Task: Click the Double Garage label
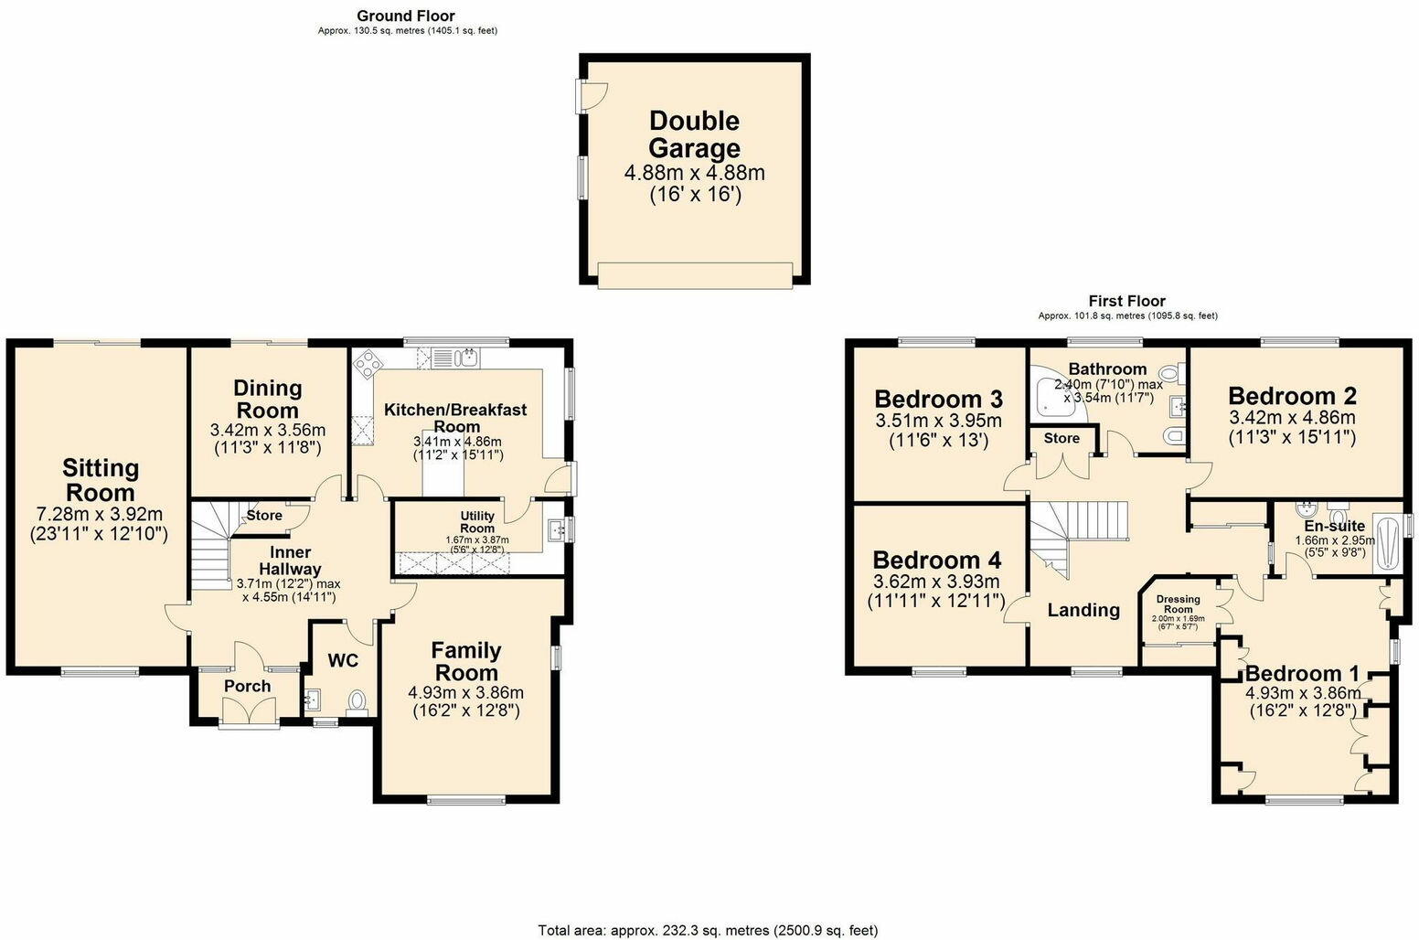(694, 134)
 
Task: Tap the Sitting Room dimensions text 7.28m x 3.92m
(100, 513)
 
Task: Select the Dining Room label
(267, 400)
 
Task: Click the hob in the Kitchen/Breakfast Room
(369, 365)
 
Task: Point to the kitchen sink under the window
(467, 357)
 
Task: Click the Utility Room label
(477, 522)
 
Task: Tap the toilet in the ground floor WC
(357, 700)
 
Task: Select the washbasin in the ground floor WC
(312, 700)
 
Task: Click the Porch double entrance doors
(249, 711)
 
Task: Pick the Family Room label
(466, 662)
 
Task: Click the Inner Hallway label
(290, 561)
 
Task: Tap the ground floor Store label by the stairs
(264, 516)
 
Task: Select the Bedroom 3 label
(938, 399)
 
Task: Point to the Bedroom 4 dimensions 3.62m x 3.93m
(936, 582)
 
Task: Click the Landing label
(1083, 610)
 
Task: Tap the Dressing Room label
(1178, 604)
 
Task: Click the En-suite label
(1334, 526)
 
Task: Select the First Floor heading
(1126, 301)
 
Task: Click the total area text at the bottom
(708, 930)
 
